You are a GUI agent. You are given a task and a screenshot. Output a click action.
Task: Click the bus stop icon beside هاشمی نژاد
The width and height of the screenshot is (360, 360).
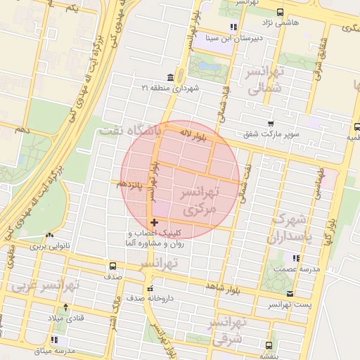(x=281, y=12)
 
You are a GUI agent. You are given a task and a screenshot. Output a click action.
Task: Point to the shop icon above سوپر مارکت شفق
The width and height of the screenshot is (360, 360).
(x=270, y=124)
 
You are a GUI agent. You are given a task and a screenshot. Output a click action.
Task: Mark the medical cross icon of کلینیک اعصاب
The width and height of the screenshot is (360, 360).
(x=155, y=222)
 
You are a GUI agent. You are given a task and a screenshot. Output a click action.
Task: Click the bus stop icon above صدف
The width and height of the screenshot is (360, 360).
(x=113, y=266)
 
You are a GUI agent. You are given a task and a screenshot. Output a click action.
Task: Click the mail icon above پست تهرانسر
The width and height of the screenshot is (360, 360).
(x=290, y=294)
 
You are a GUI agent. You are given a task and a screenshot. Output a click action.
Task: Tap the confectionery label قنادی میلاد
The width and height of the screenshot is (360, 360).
(x=65, y=318)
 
